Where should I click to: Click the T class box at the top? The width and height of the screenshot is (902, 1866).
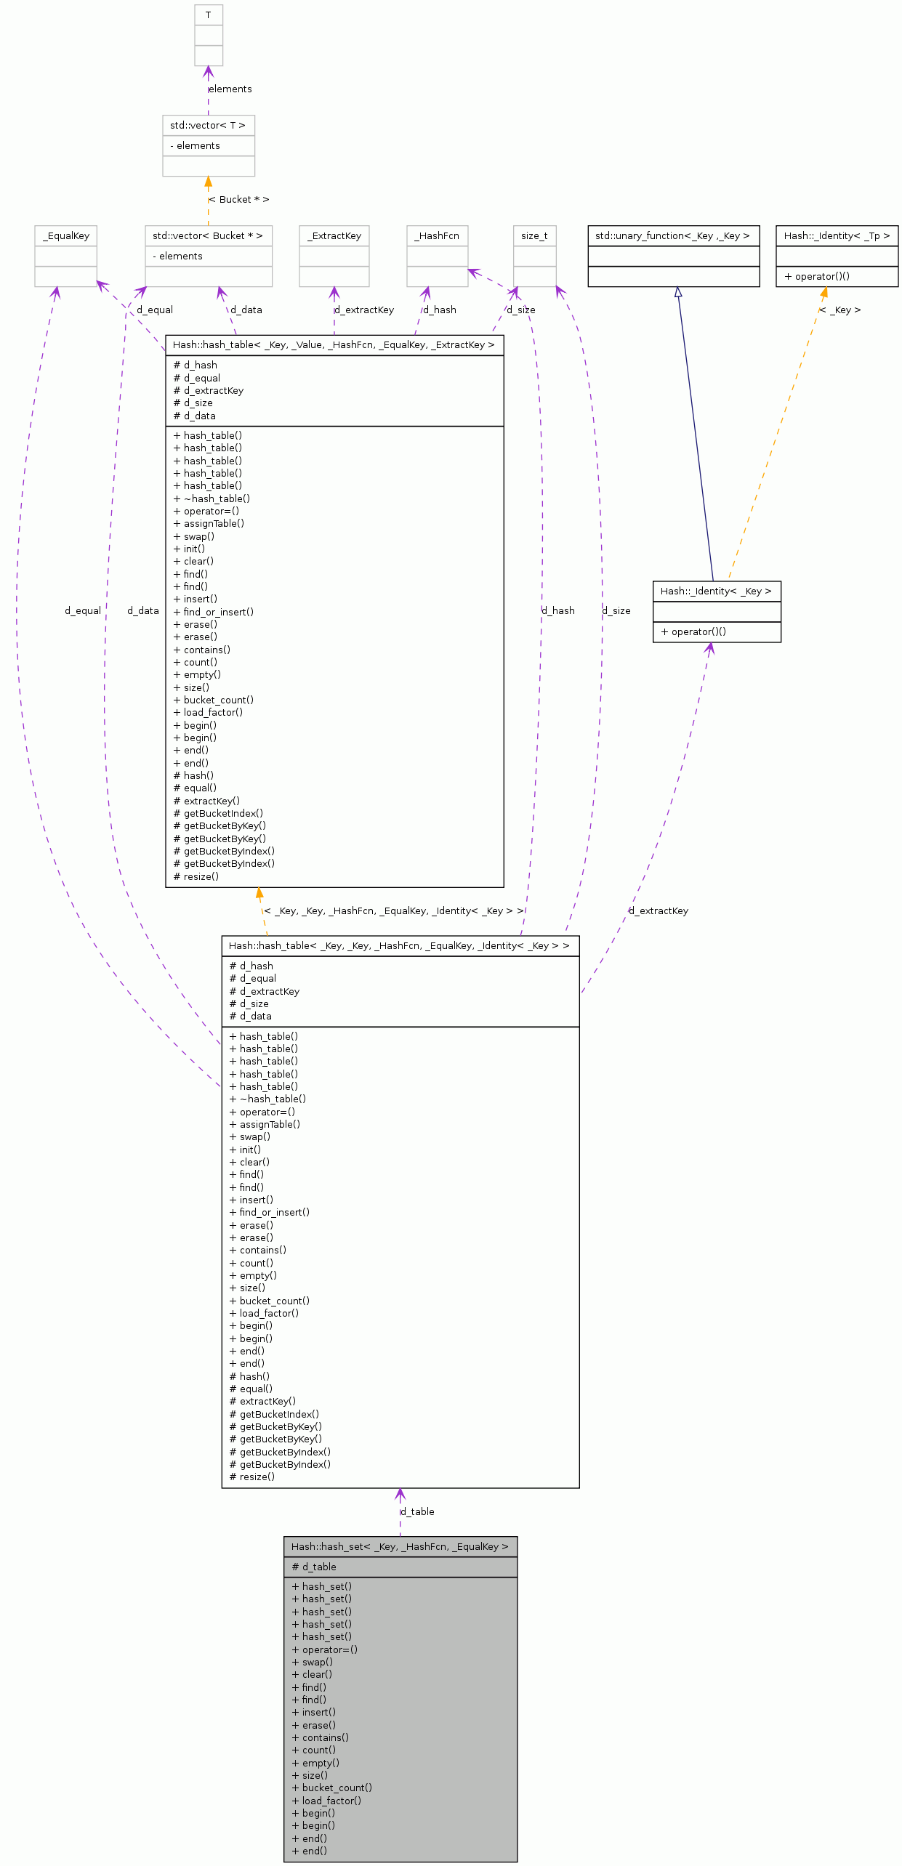tap(208, 15)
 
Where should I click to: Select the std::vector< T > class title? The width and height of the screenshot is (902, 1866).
tap(208, 126)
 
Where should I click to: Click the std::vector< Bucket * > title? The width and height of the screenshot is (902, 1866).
tap(208, 236)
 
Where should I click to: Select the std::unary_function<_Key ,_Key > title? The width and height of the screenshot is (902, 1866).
tap(673, 236)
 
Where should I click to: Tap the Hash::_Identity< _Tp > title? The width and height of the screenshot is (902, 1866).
tap(837, 236)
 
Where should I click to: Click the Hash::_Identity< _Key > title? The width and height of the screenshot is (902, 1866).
tap(716, 591)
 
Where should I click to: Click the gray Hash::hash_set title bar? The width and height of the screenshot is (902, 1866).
tap(400, 1546)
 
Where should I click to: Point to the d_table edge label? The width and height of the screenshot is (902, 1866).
tap(418, 1511)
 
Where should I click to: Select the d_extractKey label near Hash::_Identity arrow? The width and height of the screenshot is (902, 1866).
tap(659, 910)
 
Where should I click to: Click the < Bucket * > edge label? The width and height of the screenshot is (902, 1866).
tap(239, 199)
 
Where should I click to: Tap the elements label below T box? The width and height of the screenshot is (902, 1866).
tap(230, 89)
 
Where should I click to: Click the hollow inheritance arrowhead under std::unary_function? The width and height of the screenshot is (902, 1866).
tap(677, 292)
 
